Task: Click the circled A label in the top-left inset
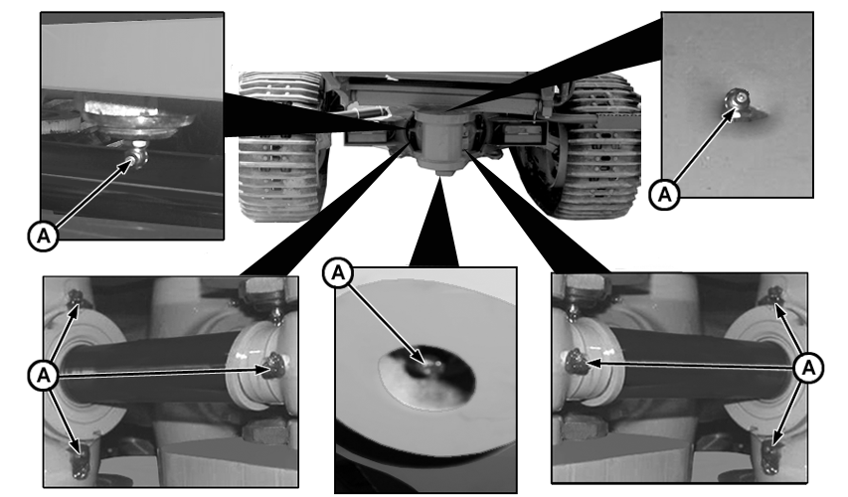44,236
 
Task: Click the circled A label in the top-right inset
665,194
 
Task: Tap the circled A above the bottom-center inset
338,273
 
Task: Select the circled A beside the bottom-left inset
44,375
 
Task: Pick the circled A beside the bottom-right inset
808,368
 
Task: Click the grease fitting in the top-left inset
138,155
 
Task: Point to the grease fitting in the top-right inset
738,101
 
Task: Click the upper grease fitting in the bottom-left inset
76,297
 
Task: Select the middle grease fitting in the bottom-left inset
274,365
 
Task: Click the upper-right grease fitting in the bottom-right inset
775,296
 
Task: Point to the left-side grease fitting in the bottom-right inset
576,361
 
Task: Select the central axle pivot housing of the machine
438,139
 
